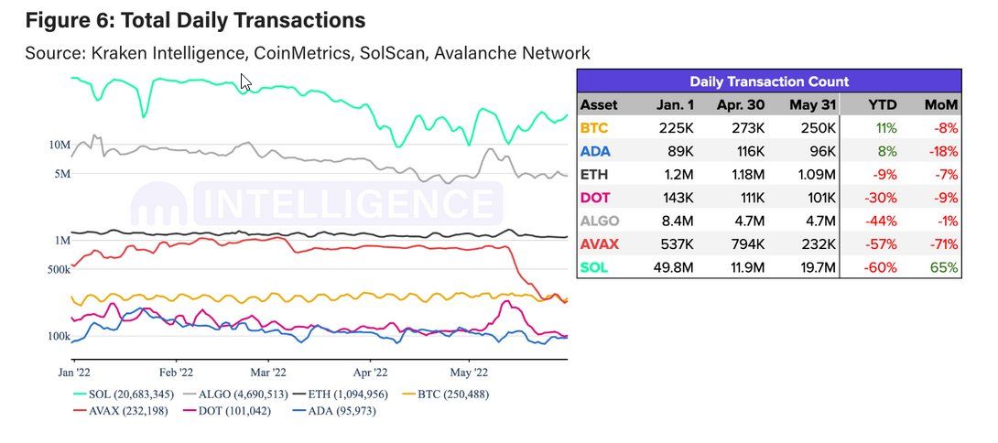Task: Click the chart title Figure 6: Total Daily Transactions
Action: click(195, 20)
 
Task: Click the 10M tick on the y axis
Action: click(60, 145)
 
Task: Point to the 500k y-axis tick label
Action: click(58, 270)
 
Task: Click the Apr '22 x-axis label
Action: click(368, 373)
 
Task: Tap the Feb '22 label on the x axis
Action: click(176, 373)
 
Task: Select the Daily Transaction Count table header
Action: click(768, 81)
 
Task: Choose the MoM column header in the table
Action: click(941, 105)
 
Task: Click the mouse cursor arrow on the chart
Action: click(245, 82)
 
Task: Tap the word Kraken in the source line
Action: click(123, 53)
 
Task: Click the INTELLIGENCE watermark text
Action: click(346, 203)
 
